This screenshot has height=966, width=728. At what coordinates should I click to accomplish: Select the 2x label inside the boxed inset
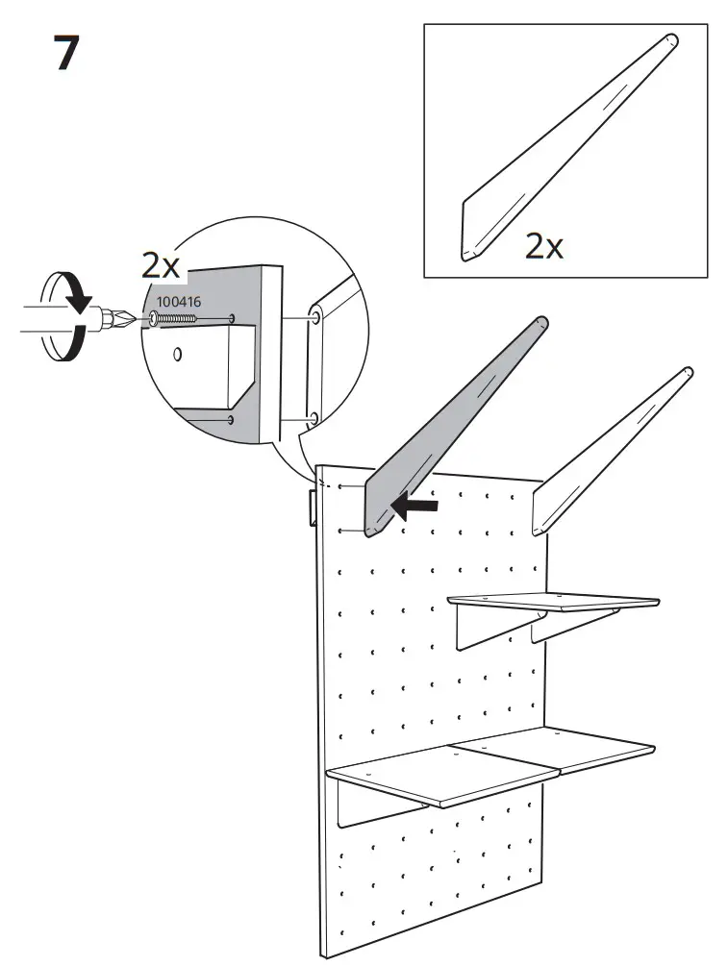click(543, 246)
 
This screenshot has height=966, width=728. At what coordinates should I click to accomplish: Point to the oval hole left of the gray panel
click(177, 355)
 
